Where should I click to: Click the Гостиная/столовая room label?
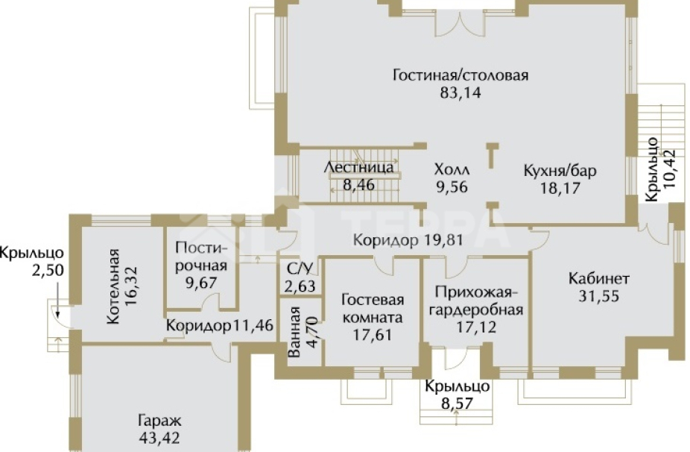tap(460, 75)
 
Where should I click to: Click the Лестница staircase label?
tap(359, 167)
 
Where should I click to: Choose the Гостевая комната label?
tap(373, 309)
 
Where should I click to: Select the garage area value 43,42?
tap(159, 437)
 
